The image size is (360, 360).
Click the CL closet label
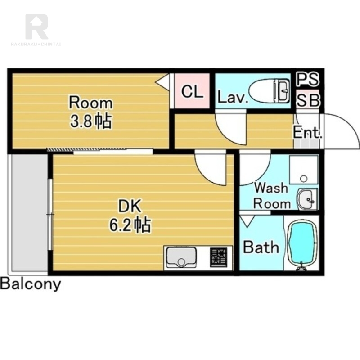click(x=192, y=92)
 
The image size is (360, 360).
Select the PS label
click(x=307, y=79)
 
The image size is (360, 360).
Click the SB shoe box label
click(x=308, y=100)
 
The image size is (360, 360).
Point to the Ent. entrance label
click(x=307, y=132)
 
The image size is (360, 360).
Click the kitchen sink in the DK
click(x=181, y=257)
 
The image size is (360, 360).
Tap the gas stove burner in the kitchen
click(x=219, y=257)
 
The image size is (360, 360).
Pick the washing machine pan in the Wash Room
click(x=304, y=170)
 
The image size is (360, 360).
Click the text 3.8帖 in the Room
click(x=91, y=121)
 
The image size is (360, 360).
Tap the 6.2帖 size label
click(x=130, y=225)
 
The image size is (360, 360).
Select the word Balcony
click(x=31, y=284)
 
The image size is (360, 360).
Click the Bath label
click(x=261, y=247)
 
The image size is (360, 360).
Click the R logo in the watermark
click(x=37, y=27)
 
